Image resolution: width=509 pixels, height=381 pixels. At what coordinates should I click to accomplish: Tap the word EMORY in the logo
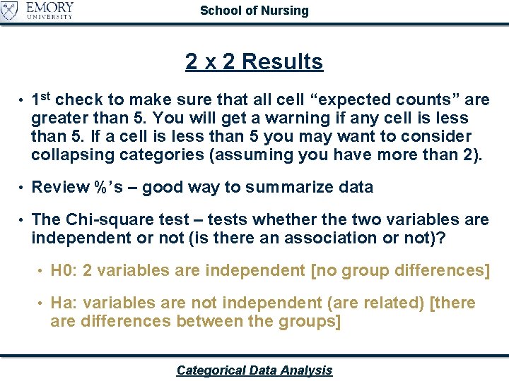pos(49,8)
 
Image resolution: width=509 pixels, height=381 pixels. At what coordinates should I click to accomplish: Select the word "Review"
pos(60,187)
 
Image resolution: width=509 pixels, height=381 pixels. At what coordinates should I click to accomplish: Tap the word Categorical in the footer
pos(211,370)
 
